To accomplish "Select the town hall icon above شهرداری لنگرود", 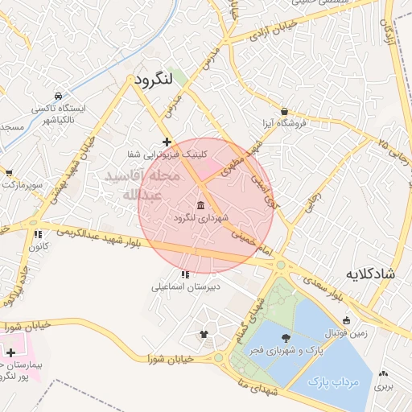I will tap(200, 204).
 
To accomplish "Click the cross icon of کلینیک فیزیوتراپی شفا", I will tap(167, 142).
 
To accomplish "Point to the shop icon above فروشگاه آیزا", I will tap(285, 111).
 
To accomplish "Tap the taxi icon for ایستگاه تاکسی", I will tap(58, 95).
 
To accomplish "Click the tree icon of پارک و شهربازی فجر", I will tap(286, 338).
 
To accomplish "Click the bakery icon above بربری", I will tap(384, 374).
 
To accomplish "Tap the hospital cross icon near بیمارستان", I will tap(10, 352).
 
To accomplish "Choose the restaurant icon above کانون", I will tap(37, 234).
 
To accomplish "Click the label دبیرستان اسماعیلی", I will tap(184, 285).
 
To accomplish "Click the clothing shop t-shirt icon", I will tap(203, 335).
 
